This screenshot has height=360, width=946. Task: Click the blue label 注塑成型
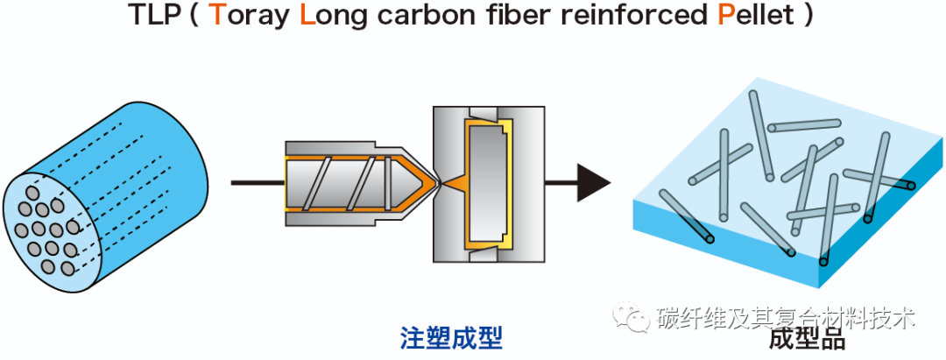[x=451, y=338]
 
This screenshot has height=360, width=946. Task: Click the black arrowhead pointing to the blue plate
[x=593, y=182]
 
